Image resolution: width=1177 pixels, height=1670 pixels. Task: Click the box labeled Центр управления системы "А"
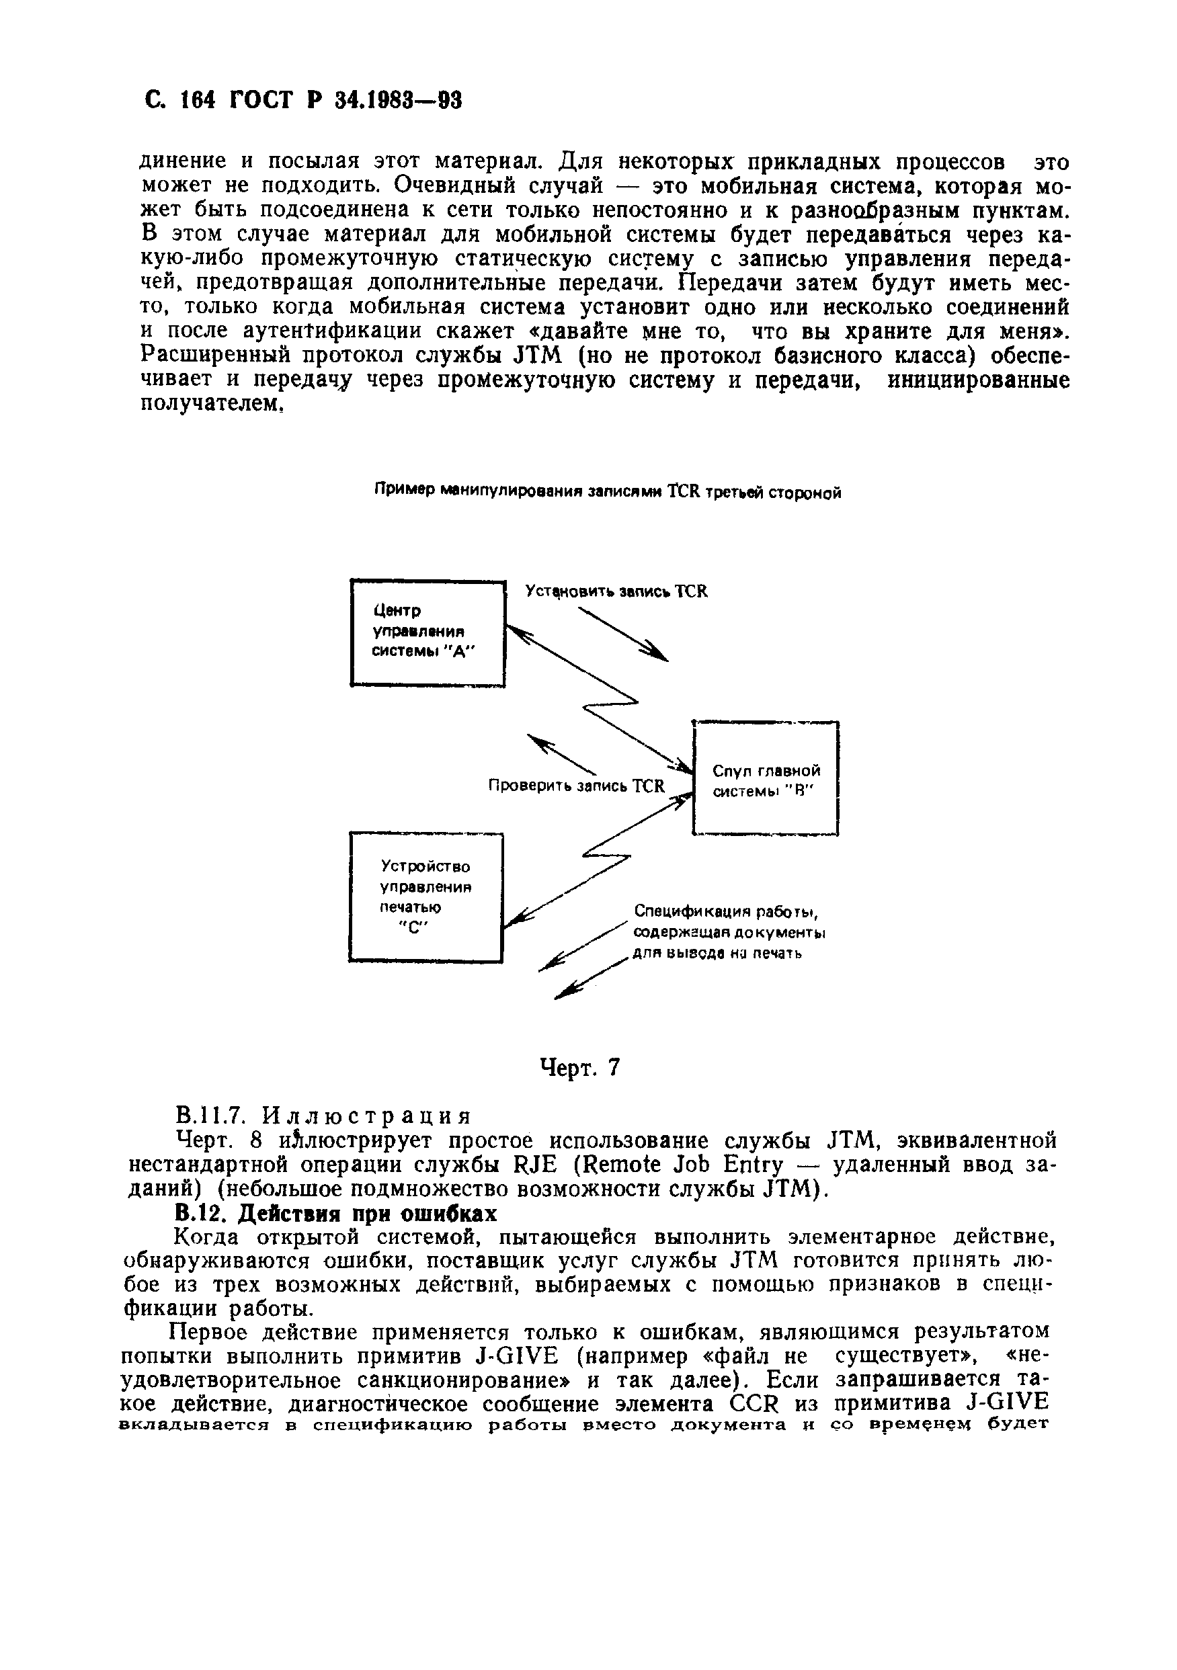point(428,632)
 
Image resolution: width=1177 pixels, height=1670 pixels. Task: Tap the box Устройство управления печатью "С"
point(425,896)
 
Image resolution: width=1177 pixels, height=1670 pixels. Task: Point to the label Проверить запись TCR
point(576,786)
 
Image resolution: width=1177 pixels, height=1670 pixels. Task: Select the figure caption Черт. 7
point(580,1067)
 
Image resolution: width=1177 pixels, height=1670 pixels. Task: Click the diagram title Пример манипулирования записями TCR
point(608,493)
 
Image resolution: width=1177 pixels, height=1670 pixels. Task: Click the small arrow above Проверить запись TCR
point(560,754)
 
